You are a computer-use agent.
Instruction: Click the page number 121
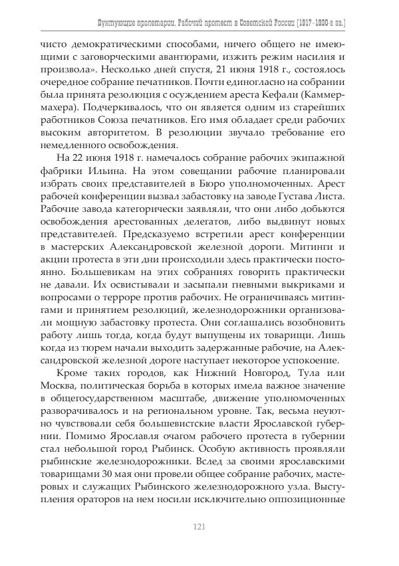pyautogui.click(x=198, y=527)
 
